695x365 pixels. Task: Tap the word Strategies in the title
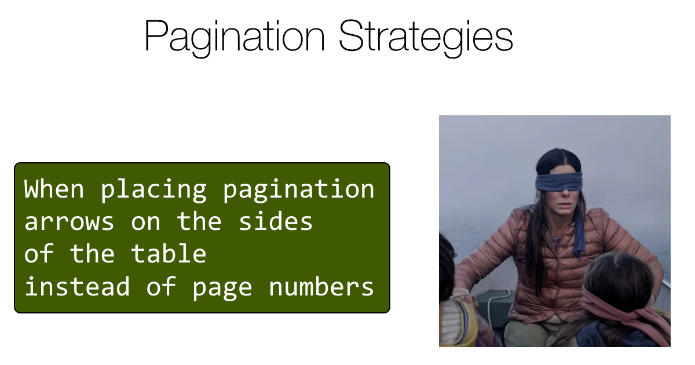[426, 37]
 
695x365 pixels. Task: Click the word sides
[275, 222]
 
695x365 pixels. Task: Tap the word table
[169, 254]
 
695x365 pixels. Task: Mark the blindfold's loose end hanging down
[579, 238]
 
